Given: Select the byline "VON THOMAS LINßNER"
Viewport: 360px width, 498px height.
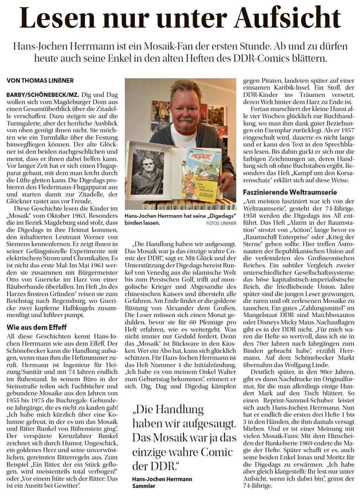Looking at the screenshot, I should [x=40, y=80].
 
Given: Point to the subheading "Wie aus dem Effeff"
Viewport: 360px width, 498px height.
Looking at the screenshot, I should [x=36, y=327].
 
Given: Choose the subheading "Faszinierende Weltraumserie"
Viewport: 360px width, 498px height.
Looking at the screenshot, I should [x=290, y=192].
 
